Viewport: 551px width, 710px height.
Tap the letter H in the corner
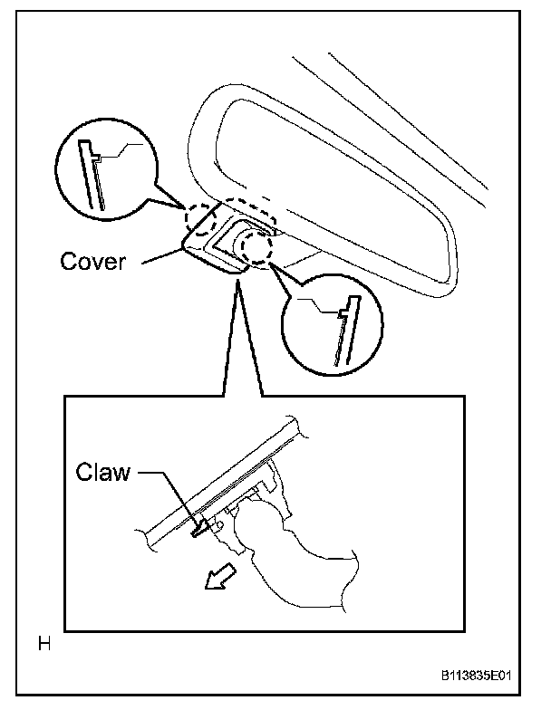point(43,645)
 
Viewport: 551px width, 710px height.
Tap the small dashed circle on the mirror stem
point(257,245)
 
